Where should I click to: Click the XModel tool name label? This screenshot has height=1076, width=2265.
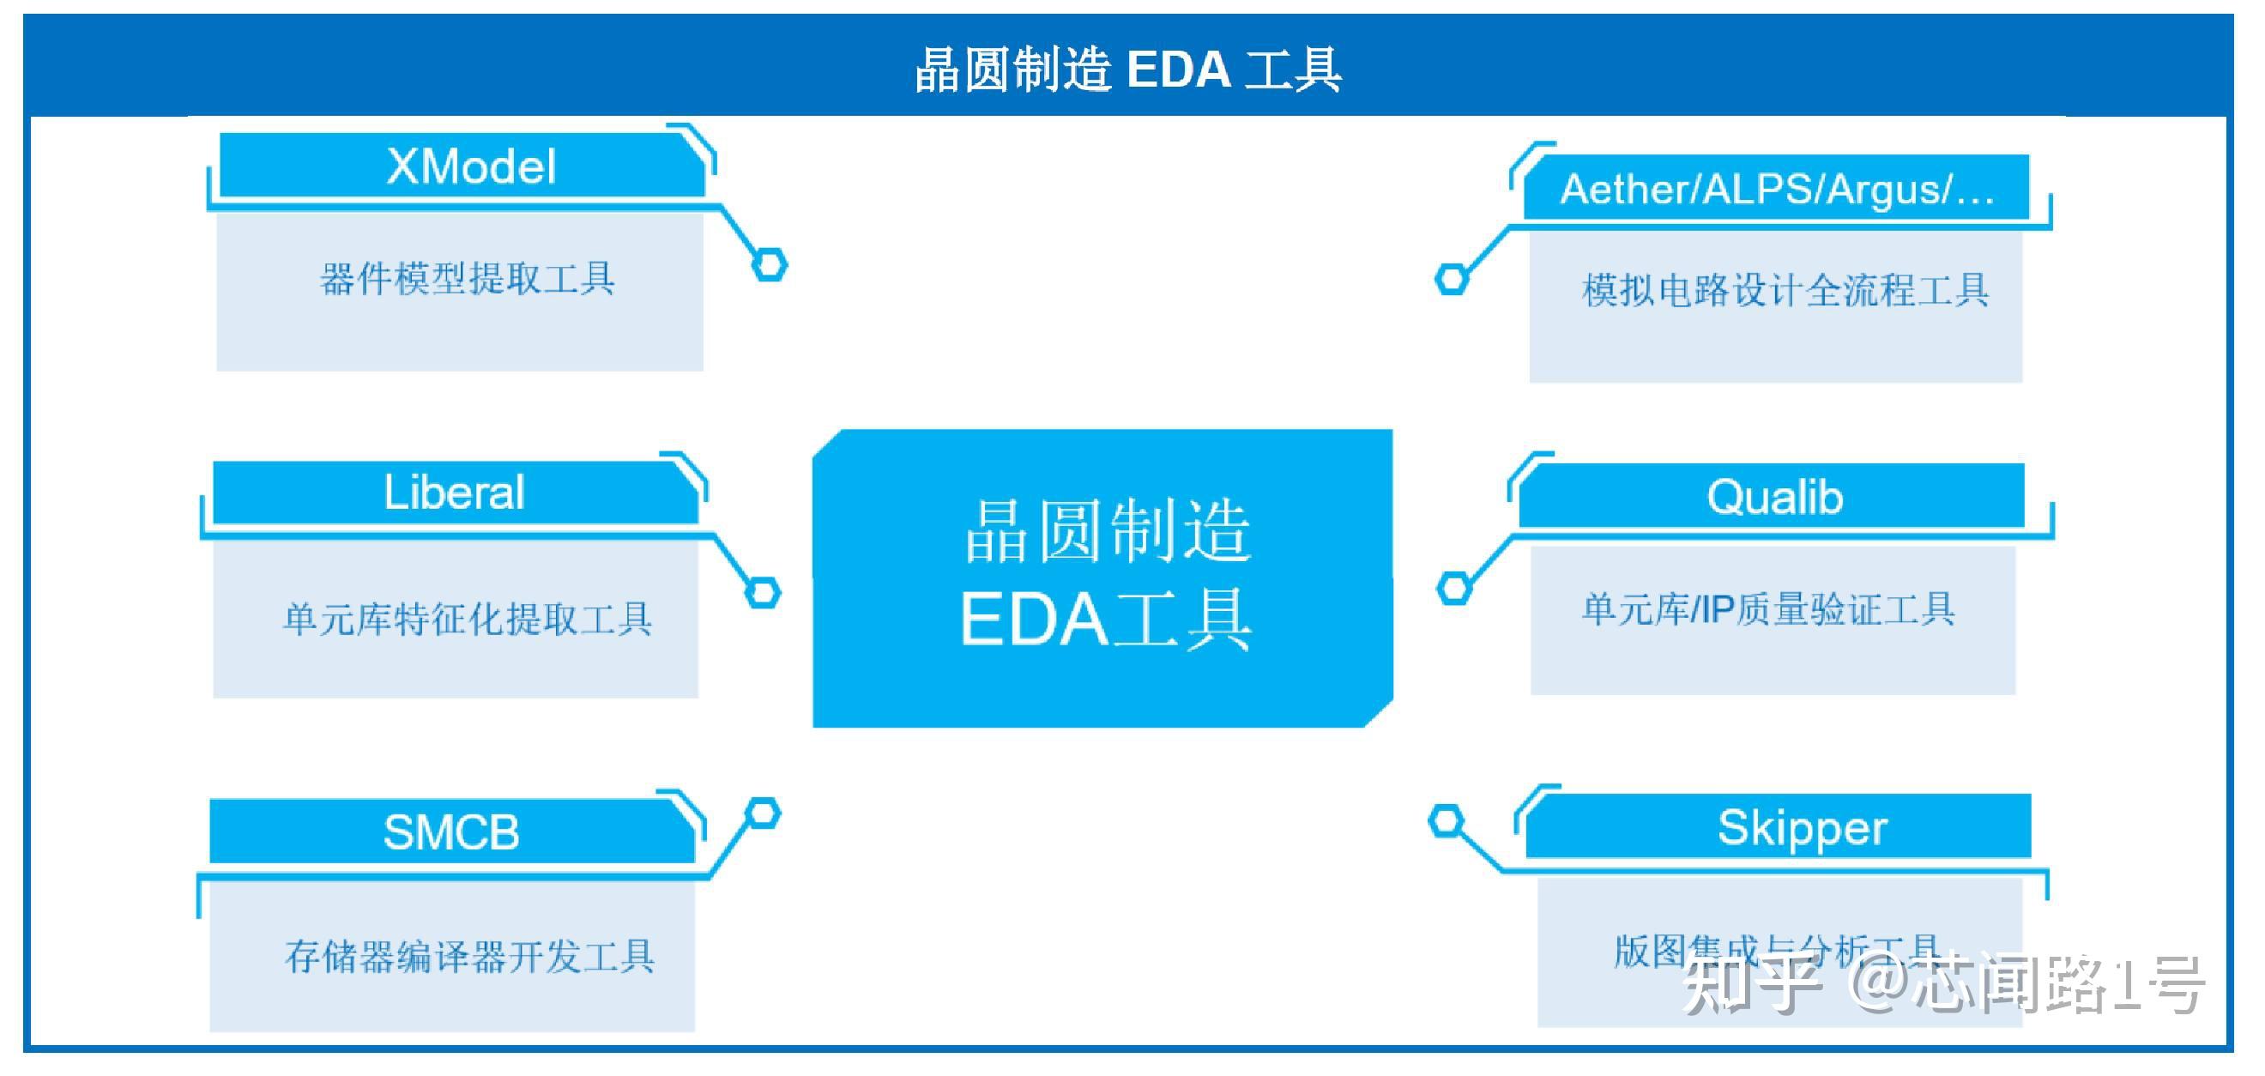click(470, 166)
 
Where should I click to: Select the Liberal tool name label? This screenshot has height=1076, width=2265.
click(454, 493)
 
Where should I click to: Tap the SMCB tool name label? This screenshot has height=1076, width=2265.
click(451, 831)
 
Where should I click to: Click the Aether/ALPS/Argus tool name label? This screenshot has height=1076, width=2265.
click(1776, 189)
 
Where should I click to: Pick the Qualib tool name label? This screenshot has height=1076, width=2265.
click(1774, 498)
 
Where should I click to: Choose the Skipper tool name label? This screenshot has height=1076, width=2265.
click(1802, 827)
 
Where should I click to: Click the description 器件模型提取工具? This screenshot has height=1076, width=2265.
click(467, 280)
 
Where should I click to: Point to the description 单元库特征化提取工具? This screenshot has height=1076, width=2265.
click(467, 619)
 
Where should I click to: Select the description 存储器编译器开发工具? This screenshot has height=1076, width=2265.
click(469, 957)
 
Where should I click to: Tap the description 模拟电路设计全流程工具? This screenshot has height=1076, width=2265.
click(1785, 290)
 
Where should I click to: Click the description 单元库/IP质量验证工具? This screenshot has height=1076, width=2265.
click(1768, 609)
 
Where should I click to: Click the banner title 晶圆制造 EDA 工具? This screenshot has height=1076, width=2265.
click(1128, 70)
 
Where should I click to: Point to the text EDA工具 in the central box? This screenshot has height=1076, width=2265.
click(1105, 620)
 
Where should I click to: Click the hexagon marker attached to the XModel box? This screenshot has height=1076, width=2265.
click(770, 264)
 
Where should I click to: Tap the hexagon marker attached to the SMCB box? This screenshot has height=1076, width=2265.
click(763, 813)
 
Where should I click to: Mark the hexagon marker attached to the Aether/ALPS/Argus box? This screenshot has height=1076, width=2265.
click(1452, 280)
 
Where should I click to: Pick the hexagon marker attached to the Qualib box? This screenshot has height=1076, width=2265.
click(1454, 588)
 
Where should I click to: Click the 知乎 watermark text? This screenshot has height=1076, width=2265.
click(1749, 985)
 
